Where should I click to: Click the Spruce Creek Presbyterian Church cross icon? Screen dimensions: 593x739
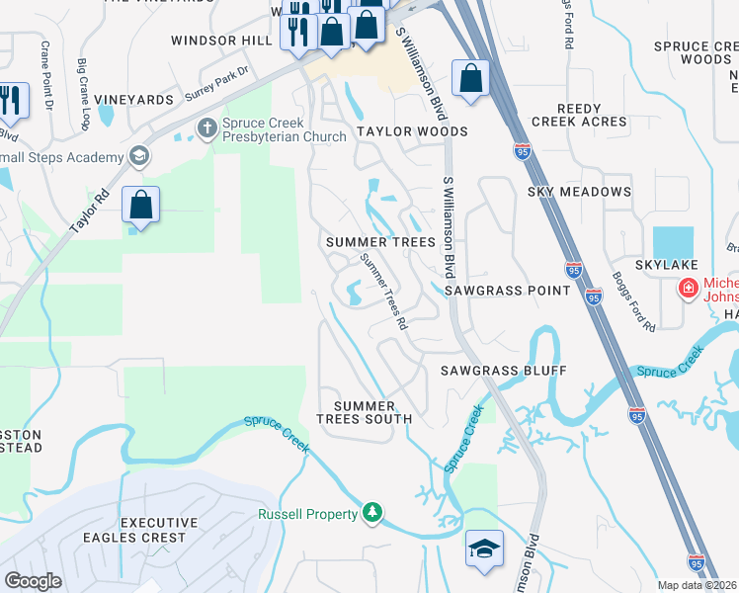pos(206,127)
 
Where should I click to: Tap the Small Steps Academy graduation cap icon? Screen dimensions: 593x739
pos(139,155)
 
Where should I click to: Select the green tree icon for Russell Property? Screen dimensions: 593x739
pos(372,512)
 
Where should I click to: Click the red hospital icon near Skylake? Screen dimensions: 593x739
pos(687,289)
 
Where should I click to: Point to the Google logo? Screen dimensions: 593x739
pos(33,581)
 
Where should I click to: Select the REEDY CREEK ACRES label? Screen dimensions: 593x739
pos(579,115)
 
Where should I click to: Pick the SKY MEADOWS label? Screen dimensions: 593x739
pos(579,191)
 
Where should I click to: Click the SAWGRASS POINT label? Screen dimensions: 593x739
pos(508,291)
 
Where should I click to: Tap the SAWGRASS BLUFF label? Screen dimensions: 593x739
pos(504,370)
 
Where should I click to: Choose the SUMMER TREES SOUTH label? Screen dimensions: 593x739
pos(364,412)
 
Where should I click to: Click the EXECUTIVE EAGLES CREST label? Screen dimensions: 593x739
pos(152,530)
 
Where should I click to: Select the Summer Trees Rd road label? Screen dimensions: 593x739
pos(384,291)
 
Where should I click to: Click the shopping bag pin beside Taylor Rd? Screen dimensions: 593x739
pos(141,207)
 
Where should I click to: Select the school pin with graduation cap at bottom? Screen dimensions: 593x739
pos(484,550)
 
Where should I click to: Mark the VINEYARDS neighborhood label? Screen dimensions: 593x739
pos(134,101)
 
